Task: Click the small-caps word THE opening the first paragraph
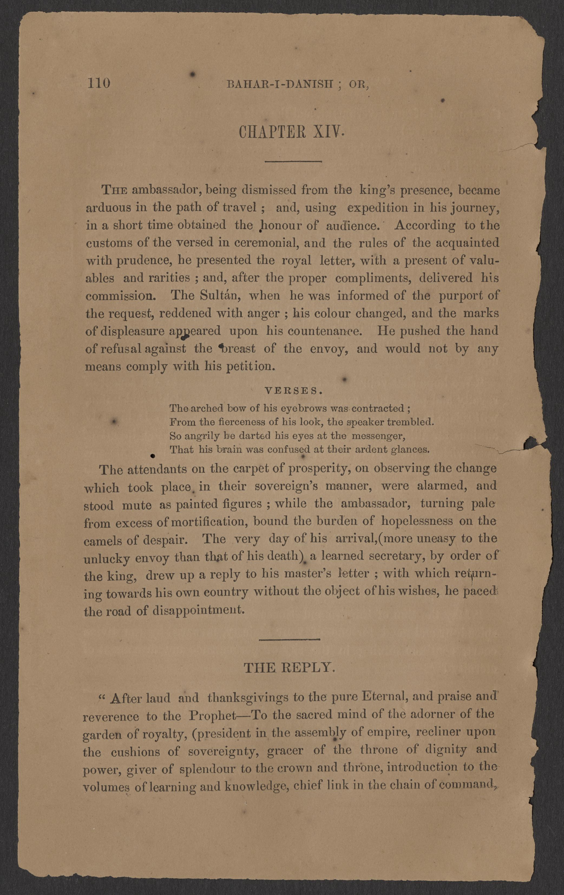point(115,190)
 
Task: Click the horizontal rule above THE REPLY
point(289,639)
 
